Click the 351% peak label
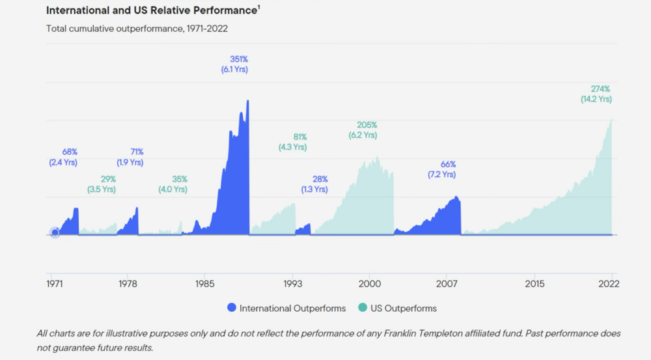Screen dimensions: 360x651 point(238,59)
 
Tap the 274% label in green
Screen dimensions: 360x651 point(600,89)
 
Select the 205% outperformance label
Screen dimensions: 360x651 point(367,125)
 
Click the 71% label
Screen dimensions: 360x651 point(136,152)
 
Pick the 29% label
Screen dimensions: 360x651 point(108,179)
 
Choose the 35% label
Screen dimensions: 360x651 point(180,179)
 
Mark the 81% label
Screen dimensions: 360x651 point(299,137)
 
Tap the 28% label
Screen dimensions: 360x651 point(320,179)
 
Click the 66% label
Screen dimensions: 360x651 point(448,165)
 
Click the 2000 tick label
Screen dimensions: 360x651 point(369,284)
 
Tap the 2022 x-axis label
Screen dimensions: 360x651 point(609,284)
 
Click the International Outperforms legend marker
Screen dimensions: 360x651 point(231,308)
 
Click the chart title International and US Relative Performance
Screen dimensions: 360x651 point(152,10)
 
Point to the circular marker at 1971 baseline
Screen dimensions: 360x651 point(55,232)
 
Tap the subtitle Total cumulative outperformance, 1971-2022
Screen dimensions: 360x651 point(137,29)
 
